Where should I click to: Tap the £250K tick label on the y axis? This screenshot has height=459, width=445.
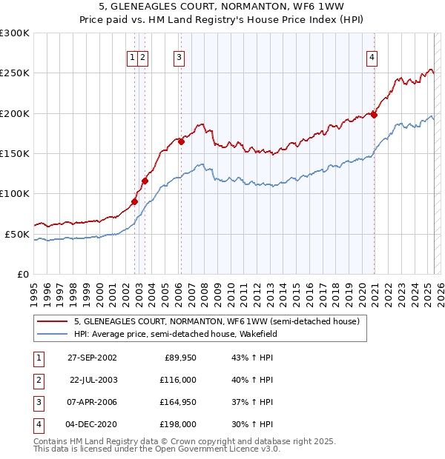point(15,73)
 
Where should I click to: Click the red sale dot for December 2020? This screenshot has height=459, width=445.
point(375,115)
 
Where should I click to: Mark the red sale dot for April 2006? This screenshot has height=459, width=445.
point(181,141)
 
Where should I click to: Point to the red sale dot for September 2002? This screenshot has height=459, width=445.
point(135,201)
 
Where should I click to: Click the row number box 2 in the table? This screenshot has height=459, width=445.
point(37,380)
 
